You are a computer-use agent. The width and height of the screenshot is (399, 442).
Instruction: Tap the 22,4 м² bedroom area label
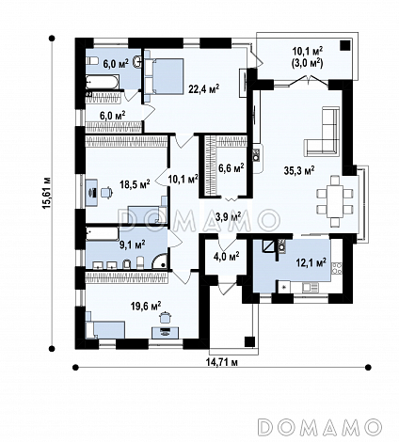tap(203, 88)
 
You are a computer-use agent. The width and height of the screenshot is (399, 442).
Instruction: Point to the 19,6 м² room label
tap(146, 306)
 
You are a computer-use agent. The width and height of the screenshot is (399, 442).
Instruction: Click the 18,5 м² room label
tap(135, 183)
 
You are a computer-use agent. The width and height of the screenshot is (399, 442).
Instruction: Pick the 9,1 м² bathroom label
tap(133, 245)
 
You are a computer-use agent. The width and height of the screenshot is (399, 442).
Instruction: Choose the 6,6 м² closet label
tap(231, 168)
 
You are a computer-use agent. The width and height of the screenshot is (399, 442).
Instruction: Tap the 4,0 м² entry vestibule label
tap(227, 256)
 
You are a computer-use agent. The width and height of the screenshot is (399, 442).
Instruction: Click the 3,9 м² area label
tap(229, 216)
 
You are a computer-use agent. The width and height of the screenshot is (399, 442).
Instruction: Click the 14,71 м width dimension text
tap(222, 362)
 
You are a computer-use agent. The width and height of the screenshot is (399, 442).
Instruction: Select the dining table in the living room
tap(335, 201)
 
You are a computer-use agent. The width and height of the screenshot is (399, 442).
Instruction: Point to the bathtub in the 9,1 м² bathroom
tap(103, 234)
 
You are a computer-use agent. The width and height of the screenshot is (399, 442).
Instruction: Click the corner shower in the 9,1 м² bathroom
tap(160, 261)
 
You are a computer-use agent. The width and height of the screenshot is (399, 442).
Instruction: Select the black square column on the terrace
tap(345, 46)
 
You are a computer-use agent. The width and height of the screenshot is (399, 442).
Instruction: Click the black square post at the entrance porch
tap(249, 341)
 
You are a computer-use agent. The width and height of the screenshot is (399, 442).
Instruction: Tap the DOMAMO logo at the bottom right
tap(321, 426)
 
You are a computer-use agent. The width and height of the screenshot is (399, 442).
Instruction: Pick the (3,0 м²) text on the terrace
tap(307, 64)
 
